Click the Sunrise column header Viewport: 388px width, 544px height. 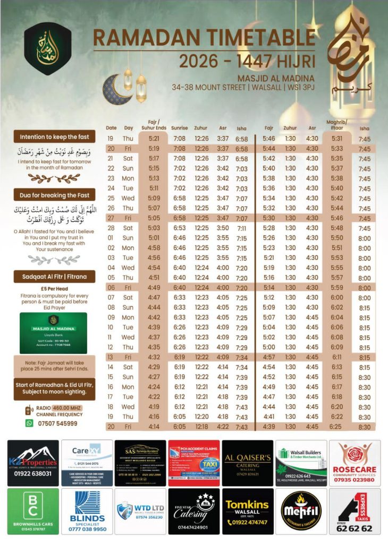point(180,128)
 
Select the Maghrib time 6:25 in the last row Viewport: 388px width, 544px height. point(336,427)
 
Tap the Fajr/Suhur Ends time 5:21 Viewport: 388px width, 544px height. point(154,139)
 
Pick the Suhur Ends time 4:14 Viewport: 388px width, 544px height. point(154,427)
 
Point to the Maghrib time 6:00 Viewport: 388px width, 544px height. point(337,297)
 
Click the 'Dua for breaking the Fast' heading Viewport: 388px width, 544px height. point(54,194)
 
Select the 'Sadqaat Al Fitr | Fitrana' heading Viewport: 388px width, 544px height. point(54,276)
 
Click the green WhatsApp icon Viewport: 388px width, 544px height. point(30,423)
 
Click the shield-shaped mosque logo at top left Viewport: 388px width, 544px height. point(47,48)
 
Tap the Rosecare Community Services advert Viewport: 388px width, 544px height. point(355,463)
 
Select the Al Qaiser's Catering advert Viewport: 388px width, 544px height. point(247,463)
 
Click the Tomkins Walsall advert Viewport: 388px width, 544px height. point(247,511)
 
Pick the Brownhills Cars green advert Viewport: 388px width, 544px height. point(33,511)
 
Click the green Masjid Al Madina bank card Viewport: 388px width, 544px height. point(53,333)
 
